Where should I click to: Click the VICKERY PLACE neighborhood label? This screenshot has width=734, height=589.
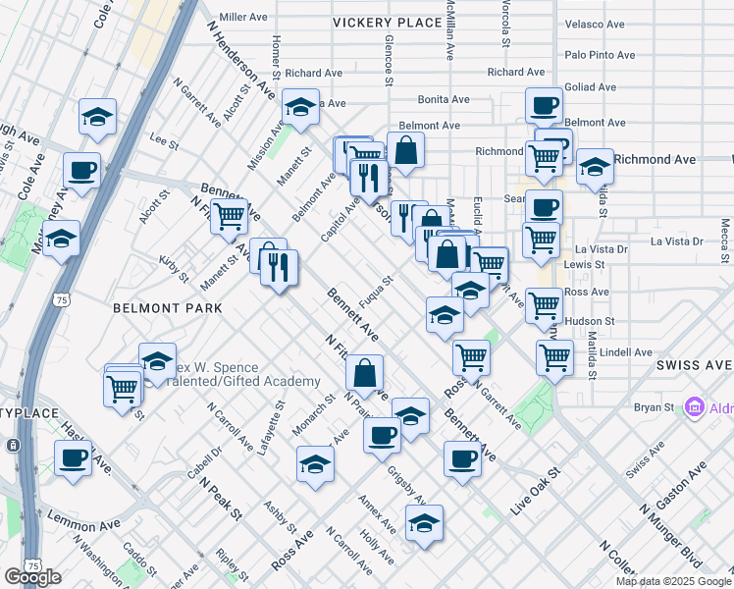pos(388,22)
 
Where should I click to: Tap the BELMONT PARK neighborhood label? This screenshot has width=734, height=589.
pos(167,308)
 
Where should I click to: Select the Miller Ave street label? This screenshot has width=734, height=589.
pos(244,17)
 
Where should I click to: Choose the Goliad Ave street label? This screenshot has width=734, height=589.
pos(590,86)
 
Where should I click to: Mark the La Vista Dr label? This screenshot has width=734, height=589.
pos(677,241)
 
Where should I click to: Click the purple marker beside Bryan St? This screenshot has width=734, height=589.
pos(695,405)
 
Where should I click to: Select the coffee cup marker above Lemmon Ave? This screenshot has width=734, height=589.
pos(73,457)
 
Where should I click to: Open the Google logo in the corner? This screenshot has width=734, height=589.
pos(32,577)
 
